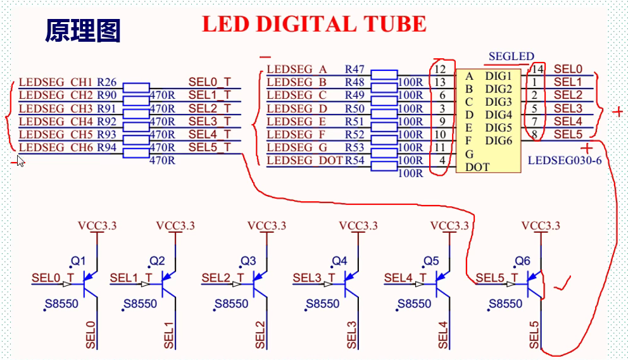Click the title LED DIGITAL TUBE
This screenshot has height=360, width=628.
(x=313, y=24)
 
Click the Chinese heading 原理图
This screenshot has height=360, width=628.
(x=82, y=30)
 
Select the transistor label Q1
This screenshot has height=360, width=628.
(x=78, y=261)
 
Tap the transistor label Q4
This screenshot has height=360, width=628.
(x=339, y=261)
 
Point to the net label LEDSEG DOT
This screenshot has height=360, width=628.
(x=305, y=160)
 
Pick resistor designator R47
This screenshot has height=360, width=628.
(x=355, y=69)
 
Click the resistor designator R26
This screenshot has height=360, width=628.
(x=106, y=82)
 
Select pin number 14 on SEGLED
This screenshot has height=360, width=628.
(x=538, y=69)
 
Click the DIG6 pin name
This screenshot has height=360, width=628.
(x=498, y=141)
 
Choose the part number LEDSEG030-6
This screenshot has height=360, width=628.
(x=564, y=160)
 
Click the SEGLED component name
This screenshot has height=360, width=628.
(x=512, y=57)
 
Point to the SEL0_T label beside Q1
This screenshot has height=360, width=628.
(x=54, y=277)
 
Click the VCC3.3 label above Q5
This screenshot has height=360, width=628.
(x=449, y=226)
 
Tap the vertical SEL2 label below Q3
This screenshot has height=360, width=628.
(x=261, y=335)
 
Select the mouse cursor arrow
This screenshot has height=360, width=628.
(x=20, y=161)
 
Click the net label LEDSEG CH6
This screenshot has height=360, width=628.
(x=56, y=147)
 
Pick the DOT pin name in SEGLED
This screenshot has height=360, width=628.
(x=477, y=167)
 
